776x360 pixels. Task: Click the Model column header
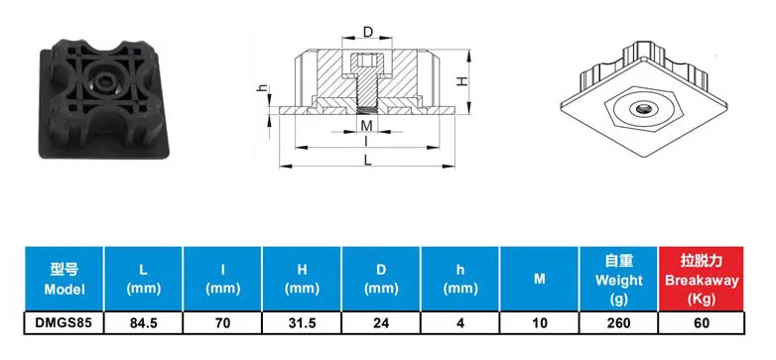click(x=63, y=279)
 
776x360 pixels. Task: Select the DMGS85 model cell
click(x=63, y=323)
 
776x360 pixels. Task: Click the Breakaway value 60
click(x=700, y=323)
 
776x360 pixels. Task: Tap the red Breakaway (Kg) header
click(x=700, y=279)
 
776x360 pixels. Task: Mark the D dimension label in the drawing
click(x=367, y=33)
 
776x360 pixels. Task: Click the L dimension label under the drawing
click(x=367, y=160)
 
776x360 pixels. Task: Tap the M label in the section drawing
click(x=366, y=125)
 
